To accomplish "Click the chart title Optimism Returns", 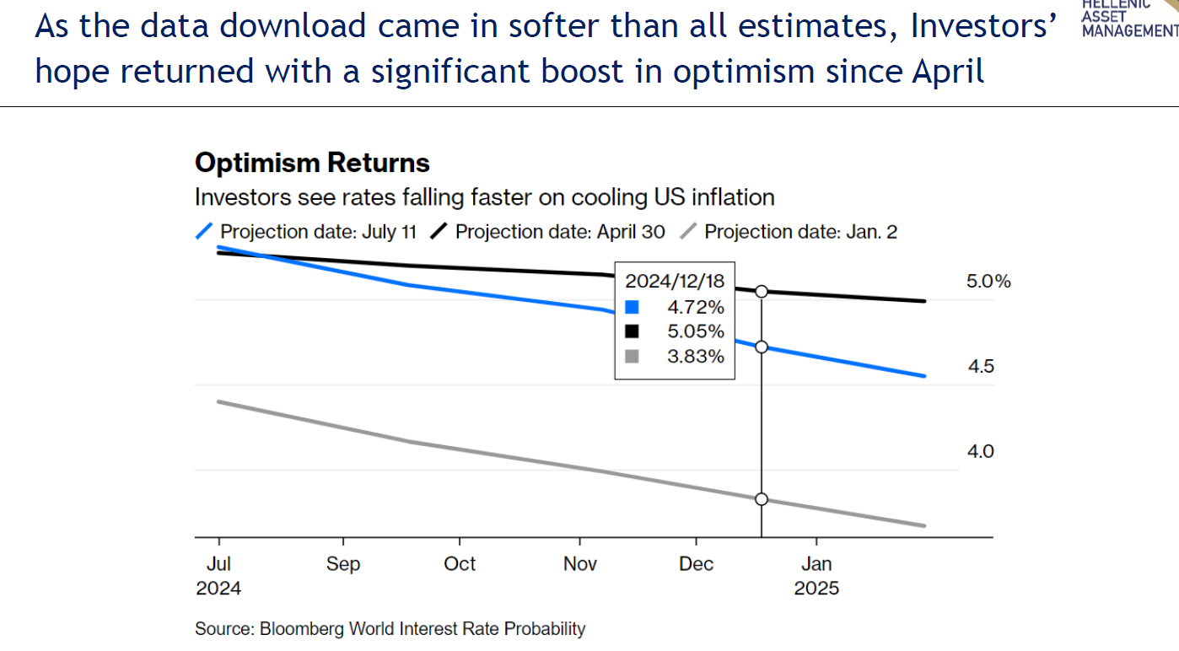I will pyautogui.click(x=312, y=163).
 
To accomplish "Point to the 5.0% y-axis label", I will pyautogui.click(x=988, y=282).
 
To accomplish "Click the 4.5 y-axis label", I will pyautogui.click(x=981, y=367).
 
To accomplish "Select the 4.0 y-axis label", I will pyautogui.click(x=981, y=452).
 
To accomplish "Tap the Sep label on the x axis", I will pyautogui.click(x=343, y=564).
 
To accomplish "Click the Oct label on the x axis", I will pyautogui.click(x=460, y=564).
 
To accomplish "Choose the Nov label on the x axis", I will pyautogui.click(x=580, y=564).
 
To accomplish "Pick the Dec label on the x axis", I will pyautogui.click(x=697, y=564).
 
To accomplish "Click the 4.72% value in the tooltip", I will pyautogui.click(x=696, y=307).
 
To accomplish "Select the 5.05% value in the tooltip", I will pyautogui.click(x=696, y=331).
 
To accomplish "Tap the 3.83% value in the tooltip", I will pyautogui.click(x=696, y=357).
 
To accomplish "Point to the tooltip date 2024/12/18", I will pyautogui.click(x=675, y=281).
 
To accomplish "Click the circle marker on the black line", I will pyautogui.click(x=762, y=291).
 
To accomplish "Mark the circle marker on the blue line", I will pyautogui.click(x=762, y=347).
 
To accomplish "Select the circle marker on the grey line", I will pyautogui.click(x=762, y=499).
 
